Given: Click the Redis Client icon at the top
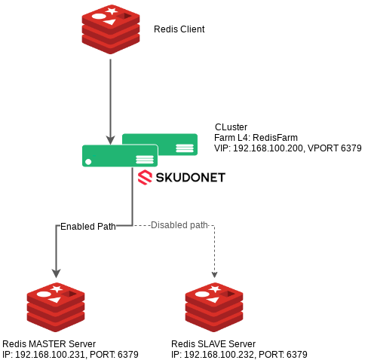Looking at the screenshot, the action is click(x=111, y=29).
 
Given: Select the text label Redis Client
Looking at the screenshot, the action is click(x=179, y=29).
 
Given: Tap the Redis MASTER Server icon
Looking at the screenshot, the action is click(x=56, y=307).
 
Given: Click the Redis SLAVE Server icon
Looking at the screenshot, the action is click(x=214, y=307).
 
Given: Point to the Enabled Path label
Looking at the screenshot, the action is click(x=88, y=227).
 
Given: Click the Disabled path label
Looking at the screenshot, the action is click(x=179, y=225).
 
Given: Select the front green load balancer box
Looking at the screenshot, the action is click(x=120, y=156).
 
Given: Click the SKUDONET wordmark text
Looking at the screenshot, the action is click(x=191, y=178).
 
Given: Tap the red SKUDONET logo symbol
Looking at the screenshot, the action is click(x=145, y=177).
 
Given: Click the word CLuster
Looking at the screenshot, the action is click(x=231, y=127).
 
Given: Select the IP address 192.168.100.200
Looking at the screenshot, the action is click(x=268, y=148).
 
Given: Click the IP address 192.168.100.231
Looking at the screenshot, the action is click(x=50, y=355).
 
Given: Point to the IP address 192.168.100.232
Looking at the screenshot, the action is click(x=219, y=355).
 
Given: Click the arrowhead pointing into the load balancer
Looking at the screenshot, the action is click(x=110, y=140).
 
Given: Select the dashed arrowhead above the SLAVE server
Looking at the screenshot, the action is click(x=214, y=275).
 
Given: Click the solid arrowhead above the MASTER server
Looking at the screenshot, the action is click(x=56, y=273).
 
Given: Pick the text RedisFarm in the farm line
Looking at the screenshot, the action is click(x=275, y=138).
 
